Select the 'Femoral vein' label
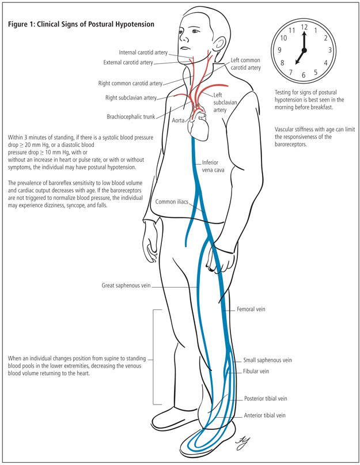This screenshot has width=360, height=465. coord(251,309)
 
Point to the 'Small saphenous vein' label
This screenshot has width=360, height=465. coord(266,360)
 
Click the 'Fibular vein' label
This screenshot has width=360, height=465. coord(256,372)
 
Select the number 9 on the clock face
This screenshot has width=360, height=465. coord(279,50)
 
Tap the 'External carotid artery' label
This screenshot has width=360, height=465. coord(136,62)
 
